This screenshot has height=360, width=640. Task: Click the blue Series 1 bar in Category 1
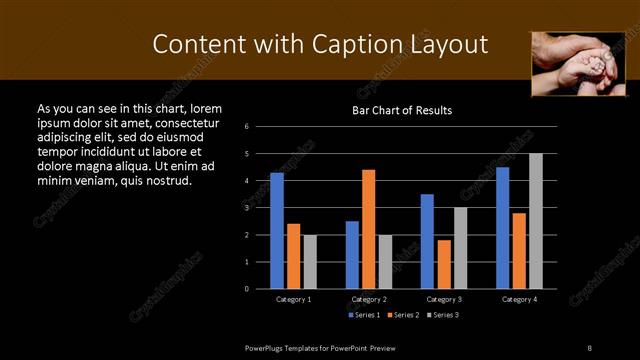277,231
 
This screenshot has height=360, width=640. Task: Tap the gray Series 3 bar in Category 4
535,221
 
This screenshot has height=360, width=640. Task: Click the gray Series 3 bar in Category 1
310,262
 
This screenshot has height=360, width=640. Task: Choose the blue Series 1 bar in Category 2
352,255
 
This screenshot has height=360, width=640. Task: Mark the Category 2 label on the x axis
369,299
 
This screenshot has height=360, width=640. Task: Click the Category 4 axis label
519,299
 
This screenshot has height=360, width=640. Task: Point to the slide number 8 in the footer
589,346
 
